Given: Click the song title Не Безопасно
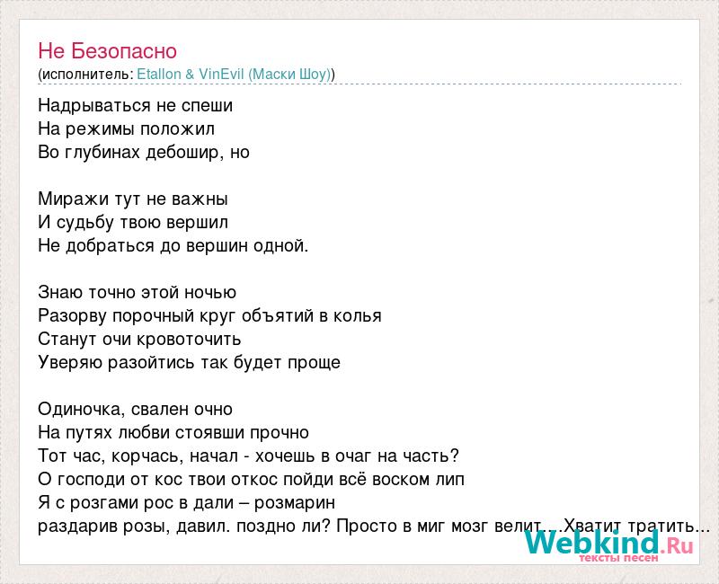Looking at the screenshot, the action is click(x=107, y=51).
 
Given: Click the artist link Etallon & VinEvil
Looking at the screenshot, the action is click(x=191, y=74).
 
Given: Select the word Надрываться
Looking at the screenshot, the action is click(x=94, y=106).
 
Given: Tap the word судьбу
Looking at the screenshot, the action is click(x=85, y=223).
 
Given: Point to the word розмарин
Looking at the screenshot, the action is click(x=295, y=503).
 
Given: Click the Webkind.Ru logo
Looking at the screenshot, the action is click(x=609, y=543).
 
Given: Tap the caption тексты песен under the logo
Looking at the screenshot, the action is click(x=618, y=558).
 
